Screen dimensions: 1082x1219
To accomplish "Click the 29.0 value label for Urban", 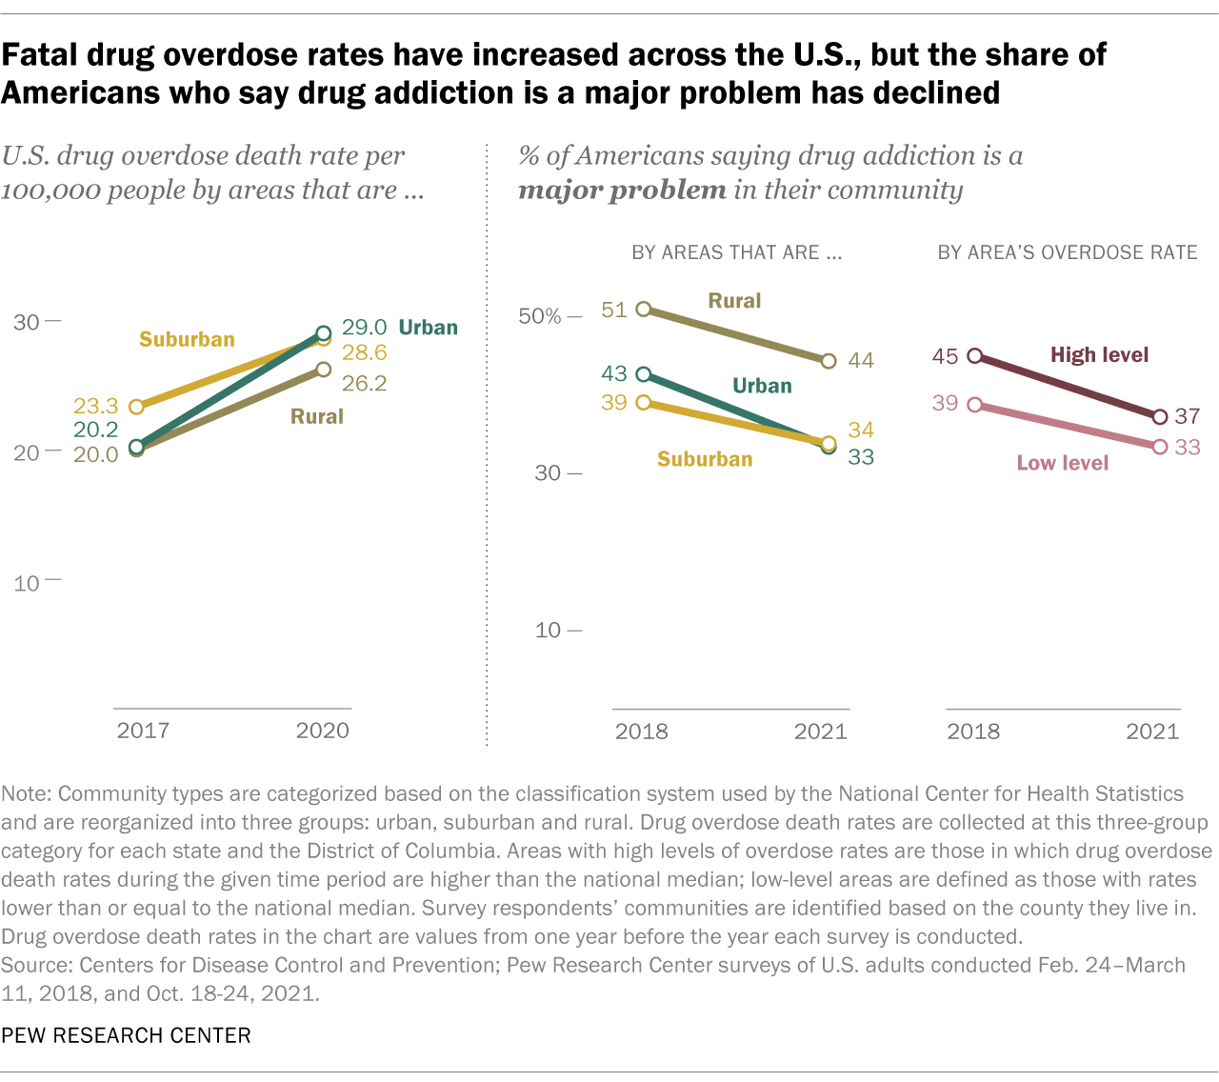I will tap(364, 328).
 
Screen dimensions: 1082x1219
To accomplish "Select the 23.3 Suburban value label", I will tap(95, 406).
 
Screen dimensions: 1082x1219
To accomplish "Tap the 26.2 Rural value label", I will tap(364, 383).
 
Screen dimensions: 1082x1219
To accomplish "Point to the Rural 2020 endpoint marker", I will tap(323, 370).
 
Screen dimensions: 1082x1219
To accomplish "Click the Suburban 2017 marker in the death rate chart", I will tap(136, 407).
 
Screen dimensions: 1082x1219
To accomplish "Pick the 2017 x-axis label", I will tap(143, 731).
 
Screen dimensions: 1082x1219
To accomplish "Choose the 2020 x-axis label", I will tap(323, 731).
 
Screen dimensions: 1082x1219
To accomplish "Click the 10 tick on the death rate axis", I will tap(27, 583).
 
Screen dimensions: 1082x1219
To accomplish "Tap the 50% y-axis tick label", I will tap(540, 316).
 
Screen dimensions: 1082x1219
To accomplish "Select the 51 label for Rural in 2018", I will tap(614, 310).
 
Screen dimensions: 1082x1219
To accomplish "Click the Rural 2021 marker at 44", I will tap(829, 361).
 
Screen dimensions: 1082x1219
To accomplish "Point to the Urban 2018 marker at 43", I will tap(644, 374).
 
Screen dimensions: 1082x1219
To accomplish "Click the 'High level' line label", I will tap(1099, 355).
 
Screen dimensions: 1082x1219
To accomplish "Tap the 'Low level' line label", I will tap(1063, 463).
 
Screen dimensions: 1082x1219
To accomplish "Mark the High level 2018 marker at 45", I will tap(974, 356).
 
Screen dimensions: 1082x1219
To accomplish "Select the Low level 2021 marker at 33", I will tap(1160, 447).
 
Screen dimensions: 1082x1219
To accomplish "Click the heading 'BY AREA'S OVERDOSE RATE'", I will tap(1068, 252).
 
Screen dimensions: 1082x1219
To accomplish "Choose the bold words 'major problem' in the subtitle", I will tap(622, 190).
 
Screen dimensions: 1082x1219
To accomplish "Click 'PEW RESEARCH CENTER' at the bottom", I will tap(126, 1035).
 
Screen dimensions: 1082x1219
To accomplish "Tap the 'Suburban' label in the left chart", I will tap(187, 340).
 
